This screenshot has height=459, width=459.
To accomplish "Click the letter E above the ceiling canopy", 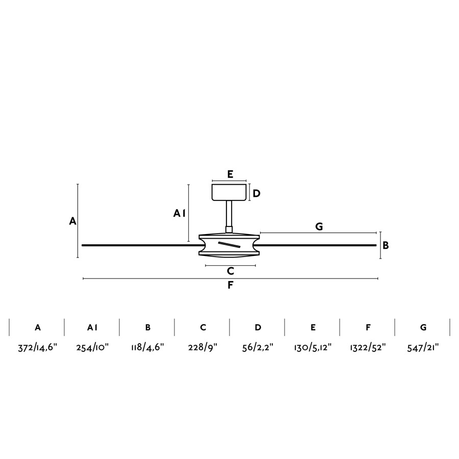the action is [x=230, y=174].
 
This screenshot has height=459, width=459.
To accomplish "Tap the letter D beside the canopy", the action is [x=257, y=193].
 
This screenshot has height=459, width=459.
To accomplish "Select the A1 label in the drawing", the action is [x=179, y=213].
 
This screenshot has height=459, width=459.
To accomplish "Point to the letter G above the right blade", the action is [x=319, y=226].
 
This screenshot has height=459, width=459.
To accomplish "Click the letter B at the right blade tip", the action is [x=386, y=245].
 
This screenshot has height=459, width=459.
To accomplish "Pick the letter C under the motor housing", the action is [x=231, y=271].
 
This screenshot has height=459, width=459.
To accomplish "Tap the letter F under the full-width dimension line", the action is [x=231, y=285].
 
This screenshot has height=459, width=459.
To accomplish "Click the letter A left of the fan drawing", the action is [x=72, y=221].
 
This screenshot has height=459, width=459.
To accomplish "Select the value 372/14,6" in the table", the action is [x=37, y=347].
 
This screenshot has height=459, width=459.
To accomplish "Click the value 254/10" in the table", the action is [x=92, y=347].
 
